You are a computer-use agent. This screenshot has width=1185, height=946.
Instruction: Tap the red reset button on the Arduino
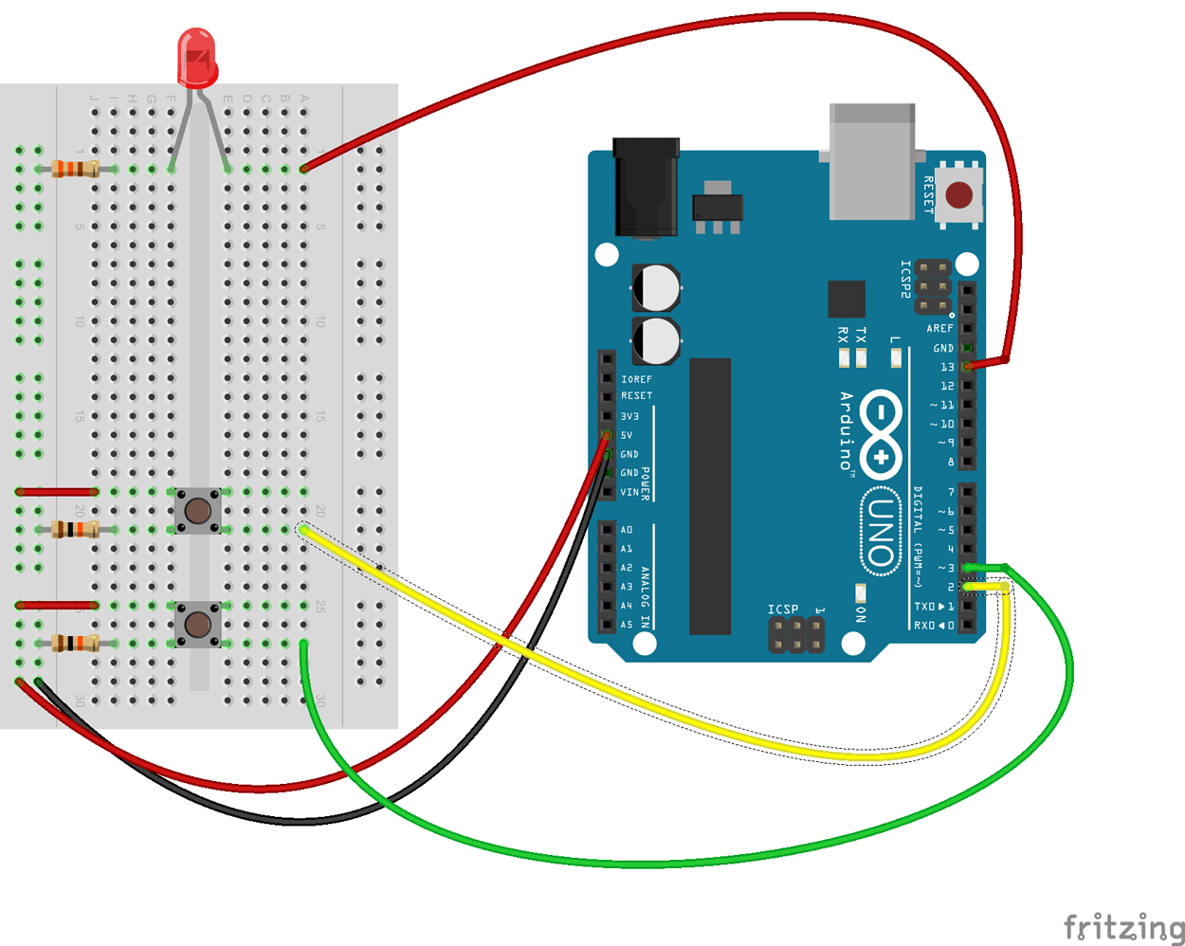pyautogui.click(x=958, y=195)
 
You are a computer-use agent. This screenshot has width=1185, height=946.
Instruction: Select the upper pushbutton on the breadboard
pyautogui.click(x=197, y=512)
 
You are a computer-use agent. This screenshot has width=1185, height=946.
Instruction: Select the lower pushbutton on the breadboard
pyautogui.click(x=197, y=625)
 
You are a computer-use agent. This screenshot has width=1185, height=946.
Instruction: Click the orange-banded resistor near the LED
pyautogui.click(x=76, y=170)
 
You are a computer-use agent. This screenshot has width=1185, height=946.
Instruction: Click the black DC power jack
pyautogui.click(x=646, y=188)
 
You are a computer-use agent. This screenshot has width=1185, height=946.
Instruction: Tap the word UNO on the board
pyautogui.click(x=882, y=532)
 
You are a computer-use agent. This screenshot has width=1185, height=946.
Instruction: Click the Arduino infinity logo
pyautogui.click(x=881, y=435)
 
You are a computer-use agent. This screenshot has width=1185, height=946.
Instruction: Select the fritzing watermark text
pyautogui.click(x=1123, y=926)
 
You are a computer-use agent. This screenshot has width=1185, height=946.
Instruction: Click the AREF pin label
pyautogui.click(x=939, y=329)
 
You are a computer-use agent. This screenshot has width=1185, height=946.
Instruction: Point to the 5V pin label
pyautogui.click(x=627, y=435)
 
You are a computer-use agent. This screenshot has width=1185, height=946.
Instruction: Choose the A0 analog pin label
pyautogui.click(x=627, y=530)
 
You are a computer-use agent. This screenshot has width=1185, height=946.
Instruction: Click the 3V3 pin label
pyautogui.click(x=629, y=416)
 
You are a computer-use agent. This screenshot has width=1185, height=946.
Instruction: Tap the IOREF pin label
pyautogui.click(x=636, y=379)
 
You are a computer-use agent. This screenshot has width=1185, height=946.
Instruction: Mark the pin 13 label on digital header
pyautogui.click(x=947, y=367)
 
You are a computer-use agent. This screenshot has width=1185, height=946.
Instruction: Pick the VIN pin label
pyautogui.click(x=629, y=492)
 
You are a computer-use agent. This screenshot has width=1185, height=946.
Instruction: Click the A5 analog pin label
pyautogui.click(x=627, y=625)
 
